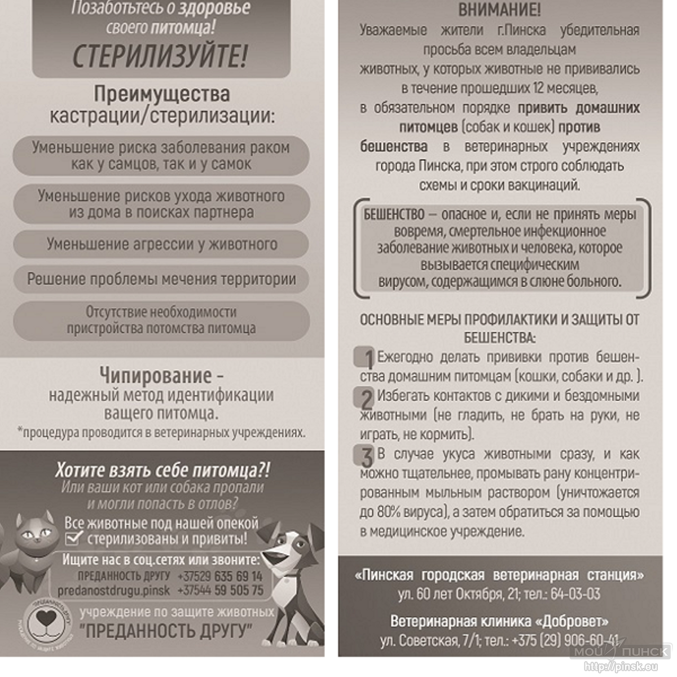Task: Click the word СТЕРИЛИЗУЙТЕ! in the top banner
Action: [x=160, y=56]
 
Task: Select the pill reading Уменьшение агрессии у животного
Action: [x=161, y=244]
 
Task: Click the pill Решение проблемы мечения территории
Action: [x=161, y=279]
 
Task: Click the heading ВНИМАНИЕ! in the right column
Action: [x=499, y=10]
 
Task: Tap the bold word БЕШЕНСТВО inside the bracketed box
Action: [x=394, y=214]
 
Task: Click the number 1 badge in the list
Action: [x=366, y=358]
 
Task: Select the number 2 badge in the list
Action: [x=366, y=398]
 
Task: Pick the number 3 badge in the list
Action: [x=366, y=455]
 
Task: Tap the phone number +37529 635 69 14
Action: [x=220, y=577]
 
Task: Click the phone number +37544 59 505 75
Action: [x=220, y=591]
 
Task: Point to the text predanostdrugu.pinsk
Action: [x=114, y=591]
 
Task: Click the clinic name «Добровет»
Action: [x=572, y=621]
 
